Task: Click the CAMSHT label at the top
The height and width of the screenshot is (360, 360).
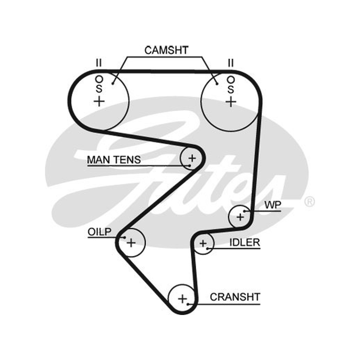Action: click(x=166, y=50)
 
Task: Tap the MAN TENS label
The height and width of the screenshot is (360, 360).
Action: click(x=114, y=160)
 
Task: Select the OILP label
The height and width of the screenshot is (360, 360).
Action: click(x=99, y=232)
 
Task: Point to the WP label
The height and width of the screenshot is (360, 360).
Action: click(x=273, y=205)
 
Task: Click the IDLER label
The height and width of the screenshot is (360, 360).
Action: click(x=245, y=243)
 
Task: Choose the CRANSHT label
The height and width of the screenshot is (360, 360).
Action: click(x=235, y=297)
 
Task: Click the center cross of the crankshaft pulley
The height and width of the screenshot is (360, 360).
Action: click(x=183, y=299)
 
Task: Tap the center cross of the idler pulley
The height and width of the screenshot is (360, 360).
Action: click(x=203, y=243)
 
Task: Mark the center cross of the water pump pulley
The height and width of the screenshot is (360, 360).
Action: click(x=240, y=217)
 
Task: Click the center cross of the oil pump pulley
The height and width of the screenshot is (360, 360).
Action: click(x=131, y=243)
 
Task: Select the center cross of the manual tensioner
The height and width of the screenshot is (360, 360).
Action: click(x=192, y=158)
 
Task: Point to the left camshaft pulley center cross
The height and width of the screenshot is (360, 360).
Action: click(x=99, y=101)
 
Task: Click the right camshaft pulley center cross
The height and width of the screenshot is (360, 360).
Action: click(x=231, y=102)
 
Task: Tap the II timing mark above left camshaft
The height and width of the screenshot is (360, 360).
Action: click(x=99, y=63)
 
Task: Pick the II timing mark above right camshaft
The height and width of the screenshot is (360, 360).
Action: click(x=231, y=63)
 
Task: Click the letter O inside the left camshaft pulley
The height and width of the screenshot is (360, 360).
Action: click(x=99, y=80)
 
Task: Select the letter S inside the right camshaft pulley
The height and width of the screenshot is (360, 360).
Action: click(x=231, y=89)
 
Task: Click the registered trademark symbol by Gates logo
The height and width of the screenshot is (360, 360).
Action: click(x=309, y=202)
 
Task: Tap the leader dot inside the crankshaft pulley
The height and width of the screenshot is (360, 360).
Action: click(x=188, y=304)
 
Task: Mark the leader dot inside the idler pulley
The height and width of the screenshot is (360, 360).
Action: click(x=207, y=248)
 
